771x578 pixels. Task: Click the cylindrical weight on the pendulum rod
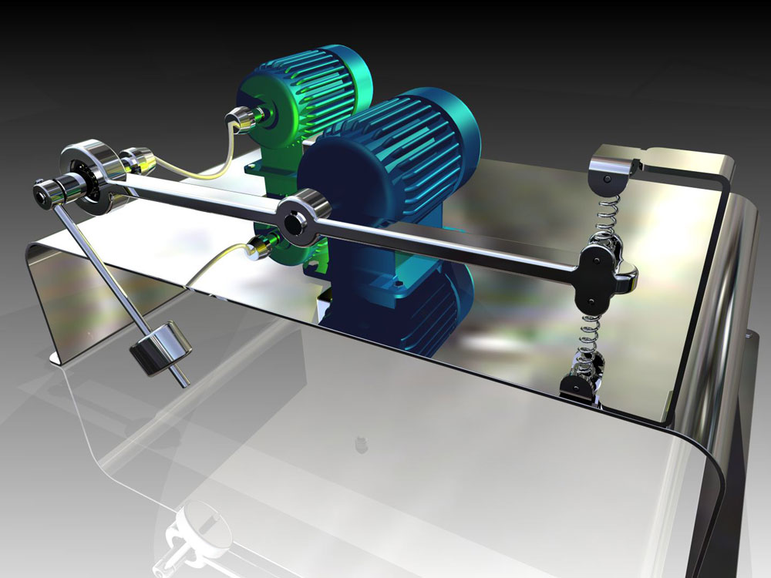point(160,350)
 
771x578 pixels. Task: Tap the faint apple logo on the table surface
point(359,443)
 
